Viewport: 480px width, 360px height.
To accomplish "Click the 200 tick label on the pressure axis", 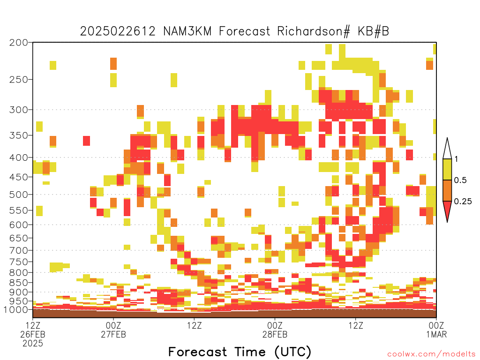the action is click(x=19, y=43).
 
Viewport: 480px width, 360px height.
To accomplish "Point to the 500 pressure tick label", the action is click(x=19, y=195).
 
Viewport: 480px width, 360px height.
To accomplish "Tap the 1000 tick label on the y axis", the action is click(x=16, y=310).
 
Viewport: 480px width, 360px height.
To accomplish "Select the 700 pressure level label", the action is click(x=19, y=251).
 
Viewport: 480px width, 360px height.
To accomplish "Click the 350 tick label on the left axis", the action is click(x=19, y=135).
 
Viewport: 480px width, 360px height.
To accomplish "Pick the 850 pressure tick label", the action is click(x=19, y=283).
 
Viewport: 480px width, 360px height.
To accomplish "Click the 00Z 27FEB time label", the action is click(x=113, y=330).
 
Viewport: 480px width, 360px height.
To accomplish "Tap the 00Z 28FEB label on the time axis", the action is click(x=275, y=330).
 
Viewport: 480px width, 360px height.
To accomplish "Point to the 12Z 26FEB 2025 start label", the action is click(x=33, y=334).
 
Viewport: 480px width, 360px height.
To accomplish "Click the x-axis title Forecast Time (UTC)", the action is click(x=240, y=352).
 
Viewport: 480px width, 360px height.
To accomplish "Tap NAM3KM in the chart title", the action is click(x=187, y=31).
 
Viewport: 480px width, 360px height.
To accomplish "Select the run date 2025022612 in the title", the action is click(x=118, y=31).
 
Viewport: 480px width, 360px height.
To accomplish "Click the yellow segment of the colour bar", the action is click(x=447, y=169).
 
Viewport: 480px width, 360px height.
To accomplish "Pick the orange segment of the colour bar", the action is click(x=447, y=190).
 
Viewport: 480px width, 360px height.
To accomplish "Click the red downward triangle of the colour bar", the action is click(x=447, y=210).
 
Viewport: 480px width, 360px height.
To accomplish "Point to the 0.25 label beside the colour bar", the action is click(x=463, y=202).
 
